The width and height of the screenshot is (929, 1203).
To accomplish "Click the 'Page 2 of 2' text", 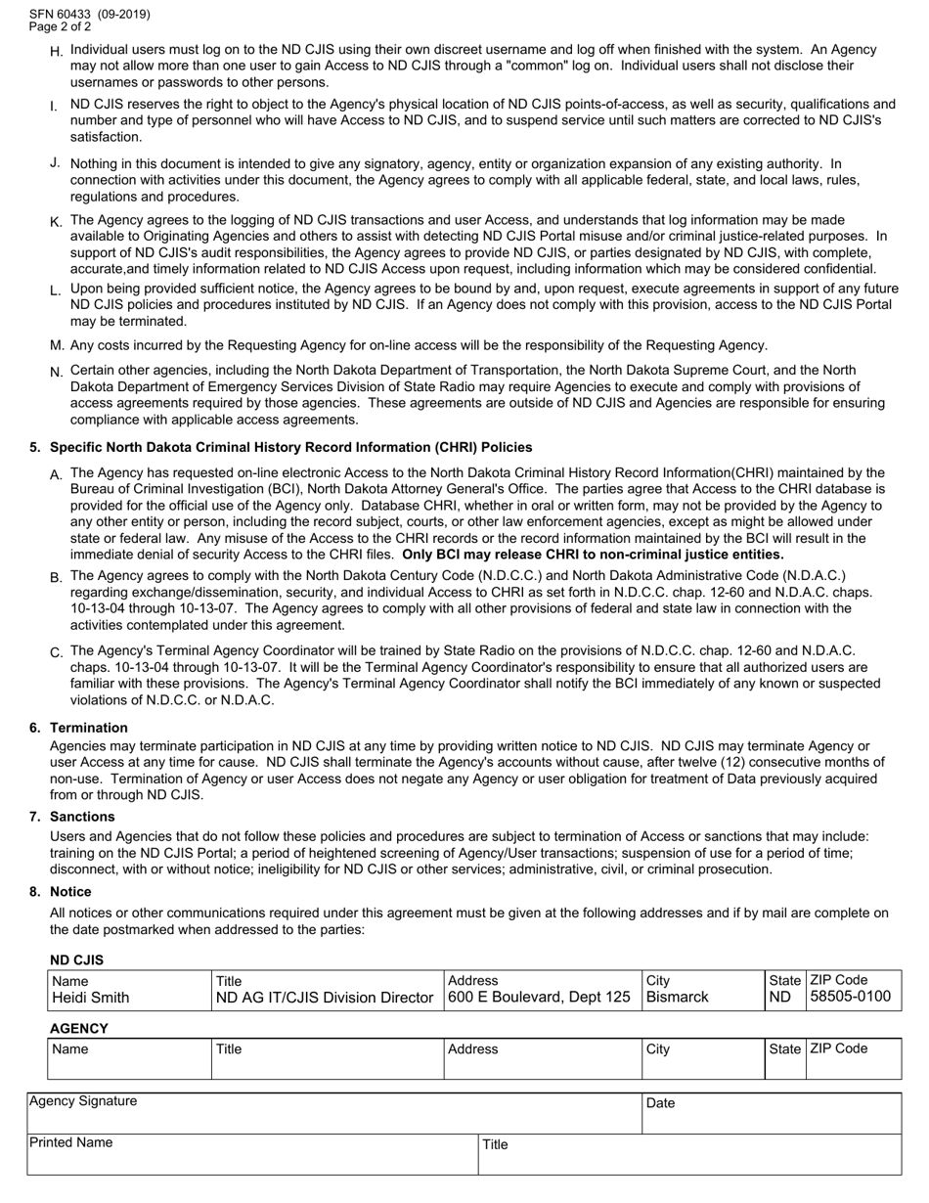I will coord(61,27).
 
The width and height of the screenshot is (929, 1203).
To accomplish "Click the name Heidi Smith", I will coord(90,998).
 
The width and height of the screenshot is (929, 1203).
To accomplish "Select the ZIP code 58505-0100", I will coord(850,998).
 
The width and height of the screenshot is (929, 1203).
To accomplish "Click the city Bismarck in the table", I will coord(678,998).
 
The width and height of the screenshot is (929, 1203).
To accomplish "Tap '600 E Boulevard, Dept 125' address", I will coord(539,998).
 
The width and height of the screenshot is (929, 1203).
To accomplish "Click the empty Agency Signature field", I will coord(332,1120).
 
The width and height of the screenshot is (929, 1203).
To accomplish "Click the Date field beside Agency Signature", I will coord(771,1120).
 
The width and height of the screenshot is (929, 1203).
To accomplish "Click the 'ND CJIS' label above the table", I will coord(76,960).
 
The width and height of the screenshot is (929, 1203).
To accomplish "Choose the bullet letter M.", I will coord(57,345).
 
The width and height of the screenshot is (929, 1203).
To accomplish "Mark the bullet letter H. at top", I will coord(56,50).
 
